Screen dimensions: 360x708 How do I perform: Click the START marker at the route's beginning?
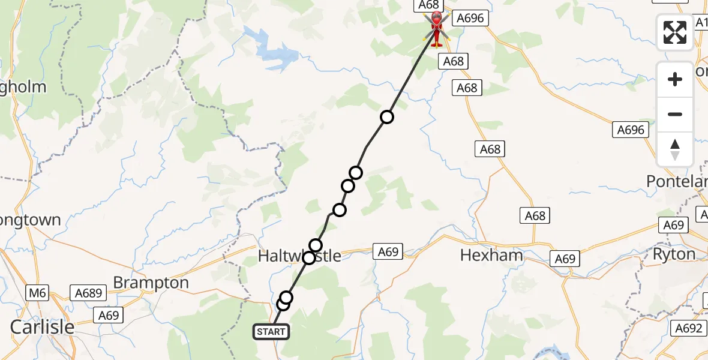271,331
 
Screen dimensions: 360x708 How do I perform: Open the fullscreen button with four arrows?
675,32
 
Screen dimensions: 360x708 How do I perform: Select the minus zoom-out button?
675,114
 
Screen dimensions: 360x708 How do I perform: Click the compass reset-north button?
675,149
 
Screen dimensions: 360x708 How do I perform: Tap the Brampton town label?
151,283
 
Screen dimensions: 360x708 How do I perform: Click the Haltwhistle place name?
299,256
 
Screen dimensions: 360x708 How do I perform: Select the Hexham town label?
491,255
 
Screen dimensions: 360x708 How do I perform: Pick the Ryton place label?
674,254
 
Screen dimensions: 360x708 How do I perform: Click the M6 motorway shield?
37,293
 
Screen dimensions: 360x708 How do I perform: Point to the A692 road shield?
688,328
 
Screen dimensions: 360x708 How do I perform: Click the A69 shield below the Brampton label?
109,315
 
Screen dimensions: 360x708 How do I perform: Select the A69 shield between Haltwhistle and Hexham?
388,252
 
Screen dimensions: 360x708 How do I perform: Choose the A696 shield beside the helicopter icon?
469,18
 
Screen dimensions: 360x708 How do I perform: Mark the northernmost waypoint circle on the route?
387,117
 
